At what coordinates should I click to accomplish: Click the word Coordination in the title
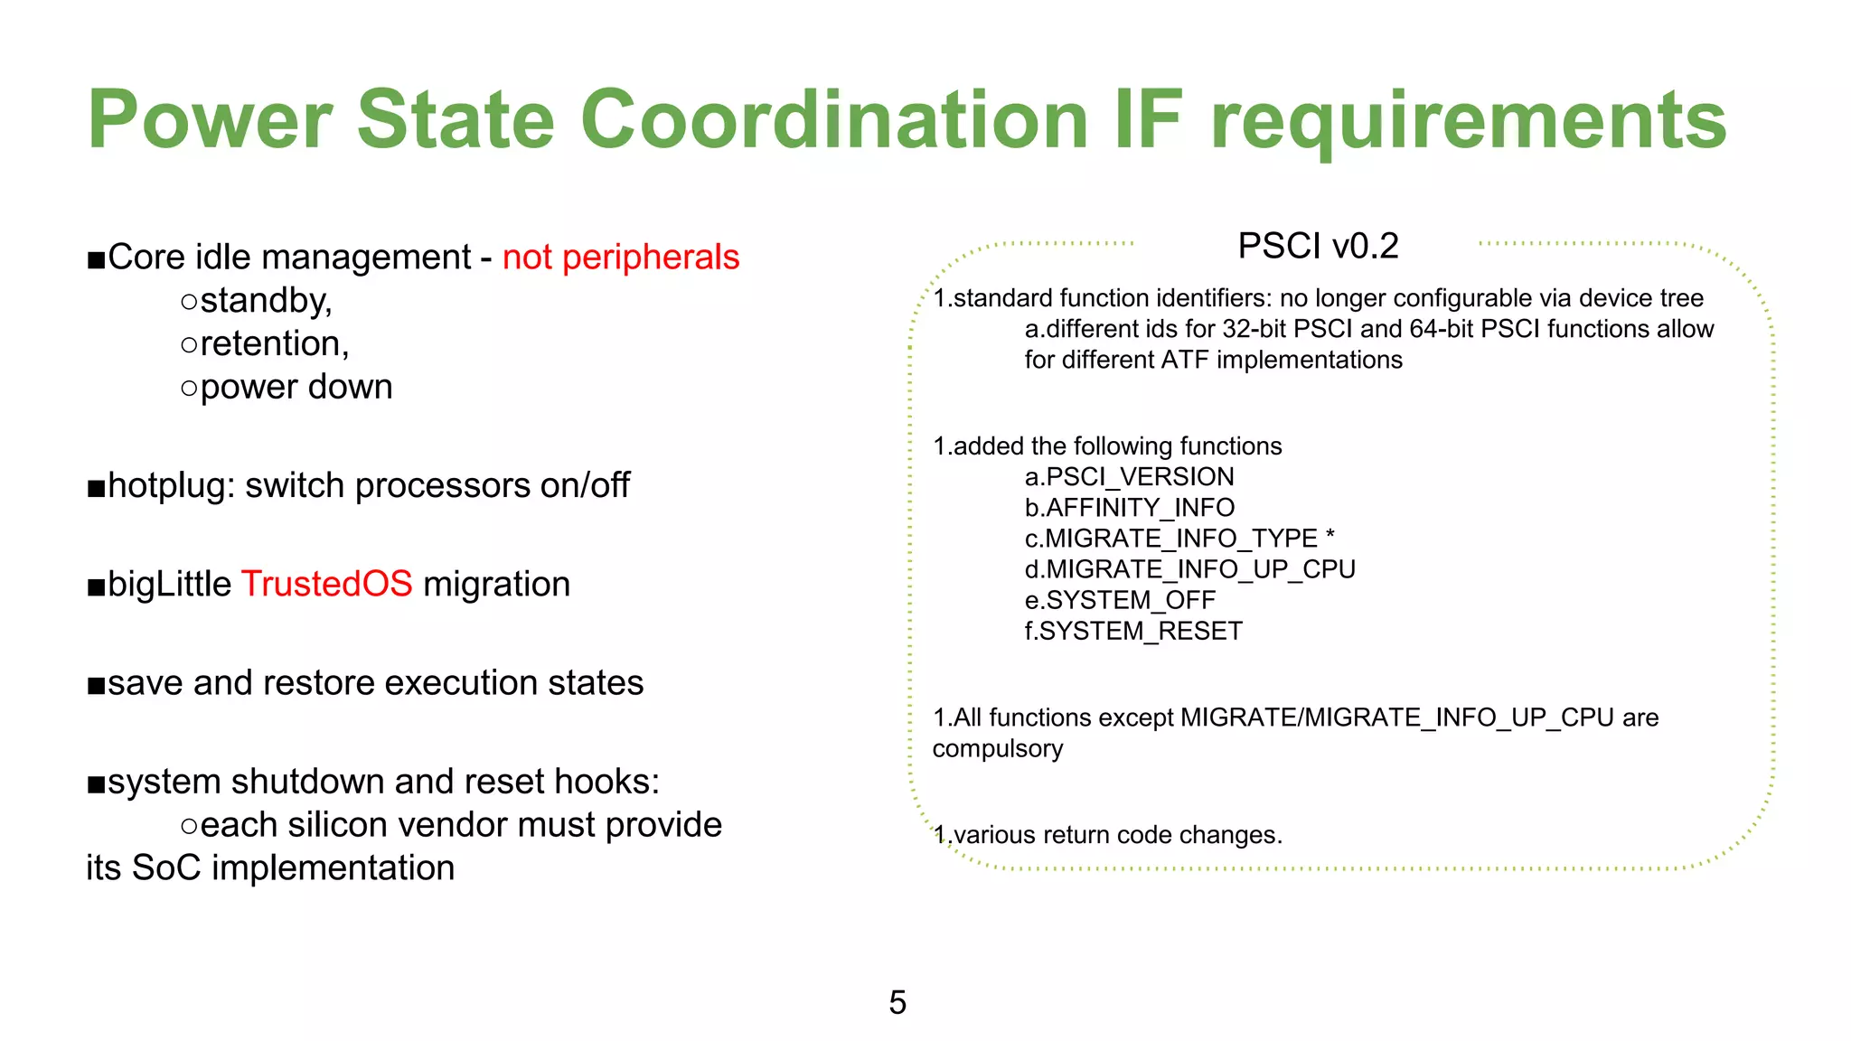(x=833, y=120)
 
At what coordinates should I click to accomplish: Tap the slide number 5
(x=897, y=1002)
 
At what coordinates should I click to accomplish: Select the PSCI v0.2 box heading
(x=1318, y=246)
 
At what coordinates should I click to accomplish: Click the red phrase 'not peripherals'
(x=621, y=258)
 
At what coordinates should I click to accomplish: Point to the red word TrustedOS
(x=326, y=585)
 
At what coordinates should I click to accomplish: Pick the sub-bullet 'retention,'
(x=274, y=344)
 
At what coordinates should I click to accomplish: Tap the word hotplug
(x=171, y=486)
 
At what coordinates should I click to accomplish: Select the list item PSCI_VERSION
(x=1140, y=477)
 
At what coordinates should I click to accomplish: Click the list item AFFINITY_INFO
(x=1140, y=508)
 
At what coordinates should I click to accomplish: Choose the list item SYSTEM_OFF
(x=1130, y=600)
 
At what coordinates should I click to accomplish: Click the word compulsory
(x=998, y=749)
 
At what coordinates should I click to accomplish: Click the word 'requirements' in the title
(x=1468, y=120)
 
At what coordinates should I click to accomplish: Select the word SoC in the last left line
(x=166, y=868)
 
